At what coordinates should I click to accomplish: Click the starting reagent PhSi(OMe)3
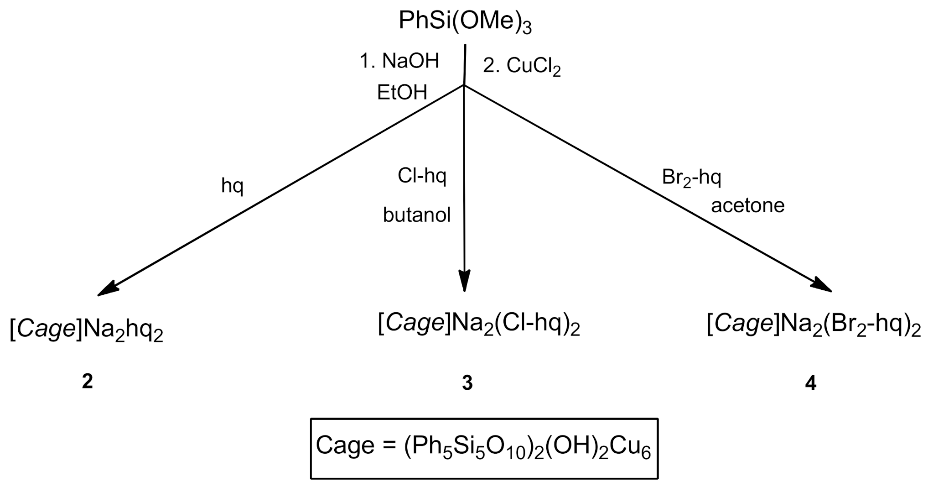(x=465, y=21)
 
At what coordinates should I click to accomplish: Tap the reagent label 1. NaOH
(x=399, y=61)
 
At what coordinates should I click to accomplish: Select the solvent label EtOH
(x=402, y=93)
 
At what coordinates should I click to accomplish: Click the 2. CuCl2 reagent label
(x=521, y=67)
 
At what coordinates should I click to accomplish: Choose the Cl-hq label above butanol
(x=422, y=176)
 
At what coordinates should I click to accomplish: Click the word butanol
(x=416, y=215)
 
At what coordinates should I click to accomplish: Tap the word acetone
(x=747, y=205)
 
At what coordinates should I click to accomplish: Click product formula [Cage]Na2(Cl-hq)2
(x=479, y=325)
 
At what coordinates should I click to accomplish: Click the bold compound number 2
(x=87, y=381)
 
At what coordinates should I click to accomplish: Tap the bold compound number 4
(x=810, y=383)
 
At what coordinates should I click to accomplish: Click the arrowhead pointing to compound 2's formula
(x=107, y=290)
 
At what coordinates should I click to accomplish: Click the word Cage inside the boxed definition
(x=344, y=445)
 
